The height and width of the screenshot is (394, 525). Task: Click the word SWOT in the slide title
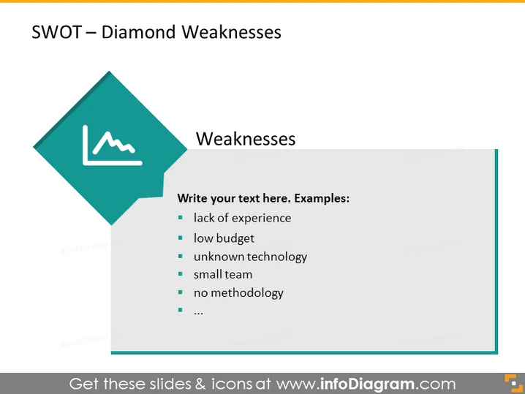(56, 32)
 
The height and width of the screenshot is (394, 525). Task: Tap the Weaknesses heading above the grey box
(246, 139)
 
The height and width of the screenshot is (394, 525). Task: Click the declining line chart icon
(112, 145)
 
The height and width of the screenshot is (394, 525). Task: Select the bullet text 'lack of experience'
(243, 219)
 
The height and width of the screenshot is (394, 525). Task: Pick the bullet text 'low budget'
(224, 238)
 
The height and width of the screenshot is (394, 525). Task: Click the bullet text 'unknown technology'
(251, 257)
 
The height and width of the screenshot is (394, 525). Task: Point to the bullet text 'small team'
(223, 275)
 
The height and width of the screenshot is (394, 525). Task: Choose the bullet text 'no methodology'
(238, 293)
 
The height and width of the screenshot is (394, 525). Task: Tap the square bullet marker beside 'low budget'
(181, 238)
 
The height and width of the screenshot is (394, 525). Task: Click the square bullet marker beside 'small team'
(181, 274)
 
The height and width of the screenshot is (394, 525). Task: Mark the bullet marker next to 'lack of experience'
(181, 218)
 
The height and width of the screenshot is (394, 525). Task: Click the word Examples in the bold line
(322, 198)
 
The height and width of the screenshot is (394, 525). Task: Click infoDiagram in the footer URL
(367, 384)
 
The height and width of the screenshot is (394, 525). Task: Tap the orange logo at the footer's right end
(513, 383)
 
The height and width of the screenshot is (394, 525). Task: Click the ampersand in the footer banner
(200, 384)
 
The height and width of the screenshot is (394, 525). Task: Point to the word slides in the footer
(170, 384)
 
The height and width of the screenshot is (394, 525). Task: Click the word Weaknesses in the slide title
(231, 32)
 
